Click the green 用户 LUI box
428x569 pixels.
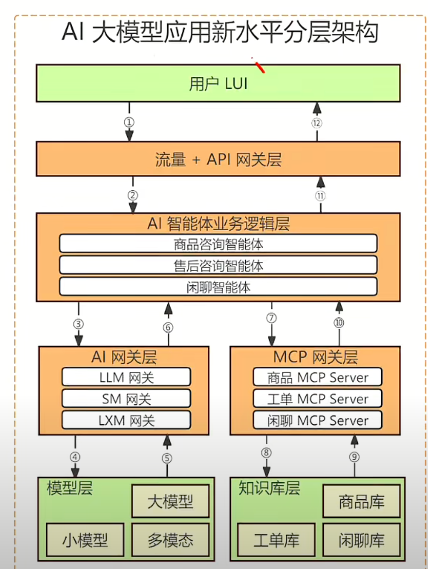(218, 83)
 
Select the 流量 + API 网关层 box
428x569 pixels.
(218, 159)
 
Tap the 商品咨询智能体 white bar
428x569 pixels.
(218, 244)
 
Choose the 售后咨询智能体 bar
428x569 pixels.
(218, 265)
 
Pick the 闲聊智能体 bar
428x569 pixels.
(218, 287)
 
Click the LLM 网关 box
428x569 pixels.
(126, 377)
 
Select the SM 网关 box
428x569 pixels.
(126, 398)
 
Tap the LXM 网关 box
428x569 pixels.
(126, 420)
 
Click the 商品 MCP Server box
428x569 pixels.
(317, 377)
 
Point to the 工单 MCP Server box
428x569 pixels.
(317, 398)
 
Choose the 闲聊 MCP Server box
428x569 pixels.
(317, 420)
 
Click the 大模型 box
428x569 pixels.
(171, 501)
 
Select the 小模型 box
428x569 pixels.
(85, 540)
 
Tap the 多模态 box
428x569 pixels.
(171, 540)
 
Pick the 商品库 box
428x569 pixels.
(362, 501)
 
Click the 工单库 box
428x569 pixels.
(276, 540)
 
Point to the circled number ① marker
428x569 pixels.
(129, 122)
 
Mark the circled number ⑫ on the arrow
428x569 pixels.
(317, 123)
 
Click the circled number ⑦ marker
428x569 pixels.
(272, 318)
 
